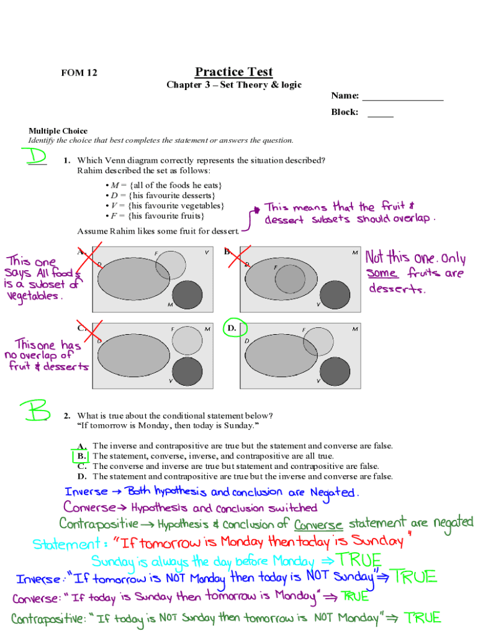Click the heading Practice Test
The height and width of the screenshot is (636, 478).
[x=233, y=71]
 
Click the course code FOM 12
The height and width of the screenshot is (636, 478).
[x=79, y=73]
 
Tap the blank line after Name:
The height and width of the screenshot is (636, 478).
[x=402, y=97]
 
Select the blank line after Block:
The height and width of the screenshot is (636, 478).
[x=380, y=113]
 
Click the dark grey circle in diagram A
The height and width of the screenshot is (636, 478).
[x=187, y=294]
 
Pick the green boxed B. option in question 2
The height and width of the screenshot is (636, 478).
[x=81, y=457]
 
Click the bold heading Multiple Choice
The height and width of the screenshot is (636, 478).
[x=58, y=131]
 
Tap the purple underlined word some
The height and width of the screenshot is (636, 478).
[x=382, y=273]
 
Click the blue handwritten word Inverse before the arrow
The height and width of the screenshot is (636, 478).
[x=86, y=492]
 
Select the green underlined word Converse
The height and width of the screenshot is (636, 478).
[x=318, y=524]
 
